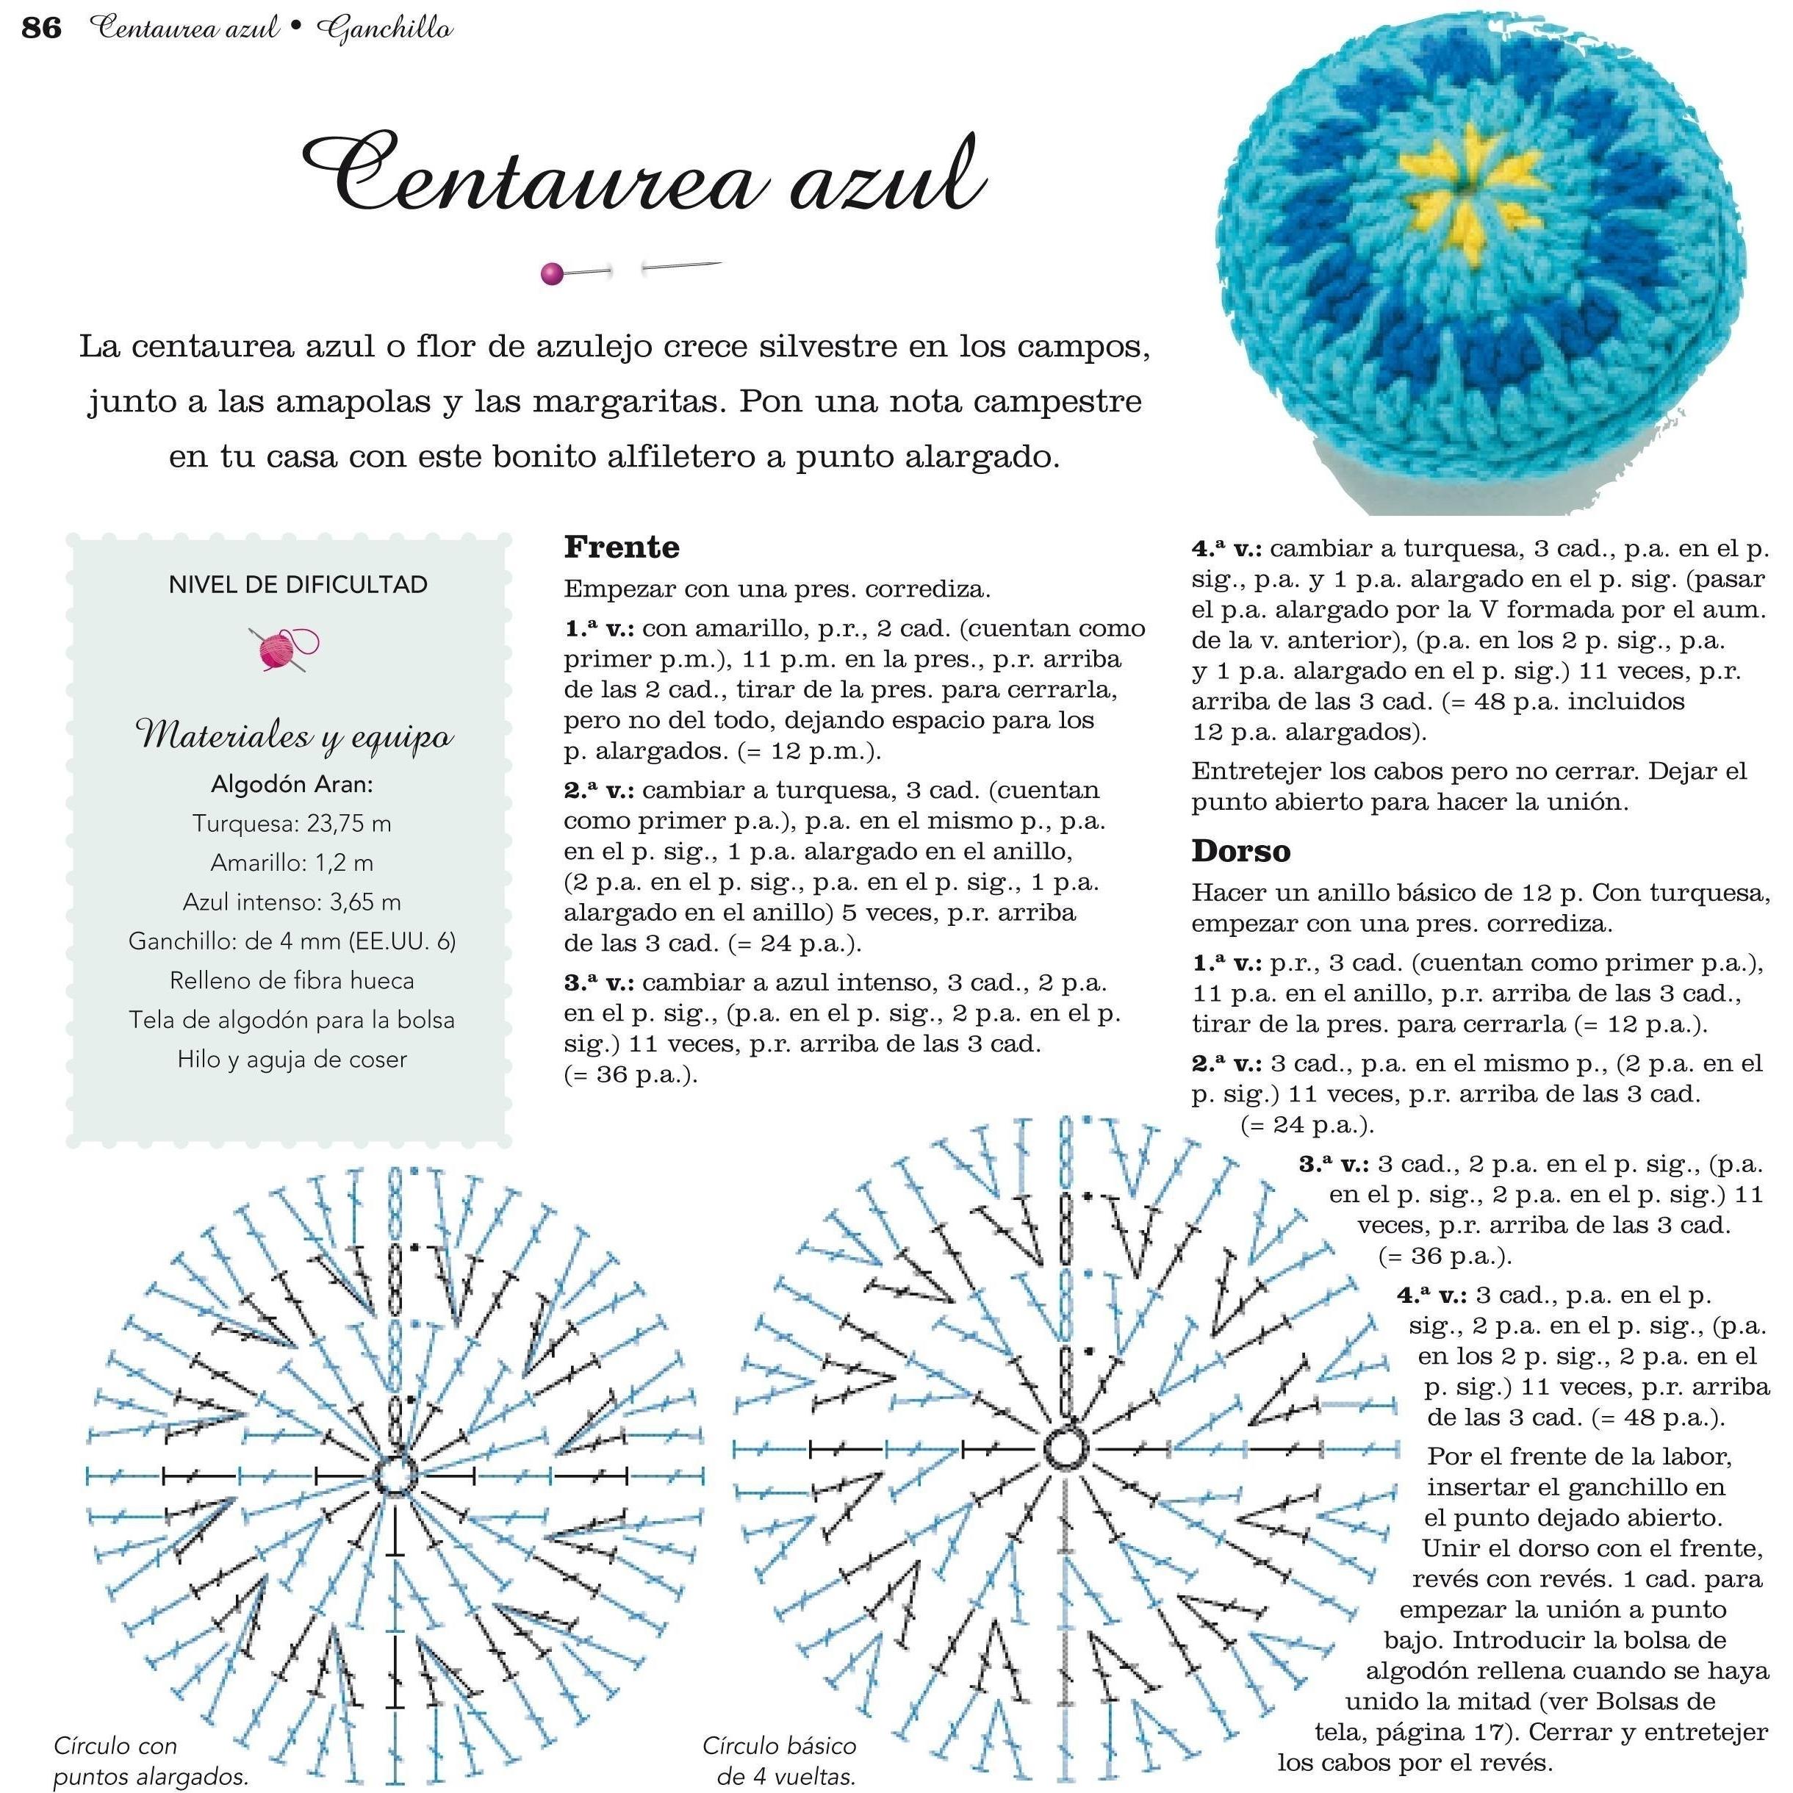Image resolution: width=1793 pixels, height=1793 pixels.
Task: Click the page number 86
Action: point(41,29)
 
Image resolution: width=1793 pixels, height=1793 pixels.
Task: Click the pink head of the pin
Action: point(551,274)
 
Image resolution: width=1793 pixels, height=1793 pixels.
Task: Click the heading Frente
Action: point(621,547)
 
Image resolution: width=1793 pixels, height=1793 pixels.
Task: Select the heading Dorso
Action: point(1241,851)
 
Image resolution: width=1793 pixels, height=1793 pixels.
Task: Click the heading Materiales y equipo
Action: point(294,736)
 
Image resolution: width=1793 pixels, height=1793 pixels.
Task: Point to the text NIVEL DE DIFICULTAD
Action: point(298,585)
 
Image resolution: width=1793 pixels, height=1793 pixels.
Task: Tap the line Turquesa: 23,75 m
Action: point(292,823)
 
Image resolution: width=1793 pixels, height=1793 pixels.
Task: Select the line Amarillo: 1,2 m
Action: point(292,863)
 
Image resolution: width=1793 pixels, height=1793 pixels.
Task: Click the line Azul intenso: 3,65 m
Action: point(292,902)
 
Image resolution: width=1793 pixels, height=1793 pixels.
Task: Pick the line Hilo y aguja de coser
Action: point(292,1059)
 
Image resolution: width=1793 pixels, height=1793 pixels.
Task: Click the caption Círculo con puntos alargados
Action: point(151,1761)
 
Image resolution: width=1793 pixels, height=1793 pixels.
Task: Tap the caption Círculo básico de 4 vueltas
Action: point(780,1761)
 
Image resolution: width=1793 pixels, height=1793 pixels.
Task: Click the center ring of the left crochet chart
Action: point(395,1475)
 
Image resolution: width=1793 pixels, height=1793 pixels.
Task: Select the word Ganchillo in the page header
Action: point(384,29)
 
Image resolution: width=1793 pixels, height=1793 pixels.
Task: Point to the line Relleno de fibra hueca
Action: point(292,981)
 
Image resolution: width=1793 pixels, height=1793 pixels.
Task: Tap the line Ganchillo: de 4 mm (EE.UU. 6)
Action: point(292,941)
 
